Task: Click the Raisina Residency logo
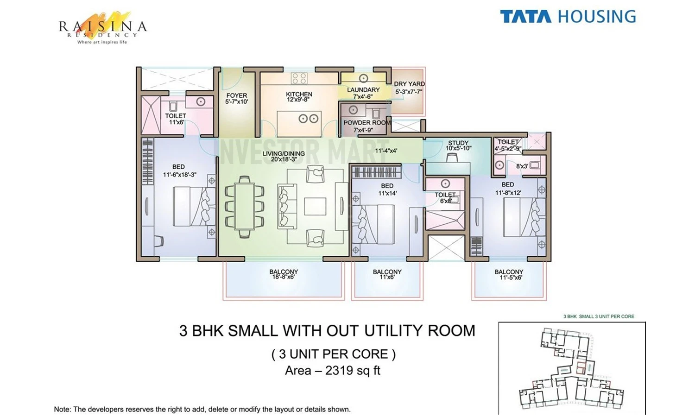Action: tap(103, 28)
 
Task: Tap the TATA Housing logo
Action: tap(568, 16)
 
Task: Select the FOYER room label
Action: tap(237, 95)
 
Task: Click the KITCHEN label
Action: tap(299, 94)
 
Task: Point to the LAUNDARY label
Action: tap(363, 90)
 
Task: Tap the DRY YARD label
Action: tap(409, 84)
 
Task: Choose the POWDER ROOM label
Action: tap(367, 123)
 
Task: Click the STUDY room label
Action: tap(458, 143)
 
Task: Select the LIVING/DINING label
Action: tap(284, 153)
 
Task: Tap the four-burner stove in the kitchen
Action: tap(299, 78)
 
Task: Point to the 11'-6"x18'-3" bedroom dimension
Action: tap(180, 175)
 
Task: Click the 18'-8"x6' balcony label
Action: tap(283, 277)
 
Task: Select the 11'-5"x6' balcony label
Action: tap(509, 278)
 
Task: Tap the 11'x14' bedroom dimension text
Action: tap(387, 193)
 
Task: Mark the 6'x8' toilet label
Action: tap(445, 201)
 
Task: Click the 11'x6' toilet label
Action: tap(176, 122)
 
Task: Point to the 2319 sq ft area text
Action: tap(353, 371)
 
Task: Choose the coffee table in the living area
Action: tap(315, 206)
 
